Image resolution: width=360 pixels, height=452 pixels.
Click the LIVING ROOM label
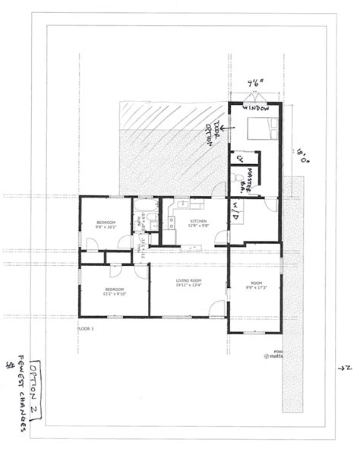click(188, 283)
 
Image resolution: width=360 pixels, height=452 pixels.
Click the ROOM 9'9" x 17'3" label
click(254, 283)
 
